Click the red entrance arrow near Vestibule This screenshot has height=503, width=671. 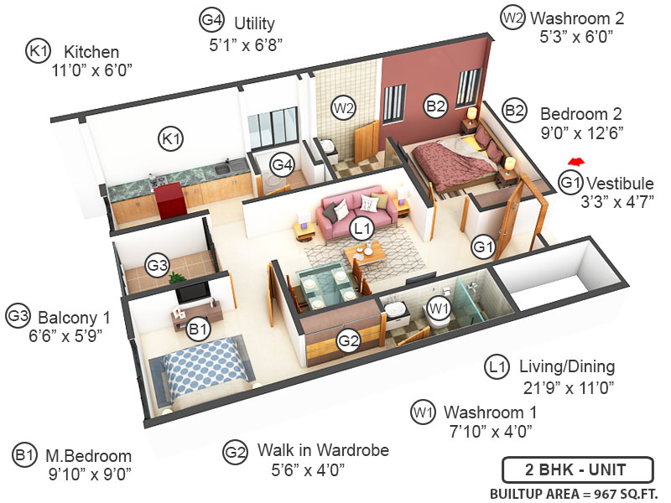[575, 161]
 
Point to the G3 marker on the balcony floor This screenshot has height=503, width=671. [158, 266]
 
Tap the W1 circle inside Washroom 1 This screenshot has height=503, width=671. [437, 308]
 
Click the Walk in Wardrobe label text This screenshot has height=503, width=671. [323, 450]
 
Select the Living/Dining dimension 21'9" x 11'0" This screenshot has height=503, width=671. [568, 386]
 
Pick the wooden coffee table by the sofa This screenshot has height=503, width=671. [363, 251]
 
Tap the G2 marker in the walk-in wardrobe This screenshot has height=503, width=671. [348, 340]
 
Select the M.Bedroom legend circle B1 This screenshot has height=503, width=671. [24, 455]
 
